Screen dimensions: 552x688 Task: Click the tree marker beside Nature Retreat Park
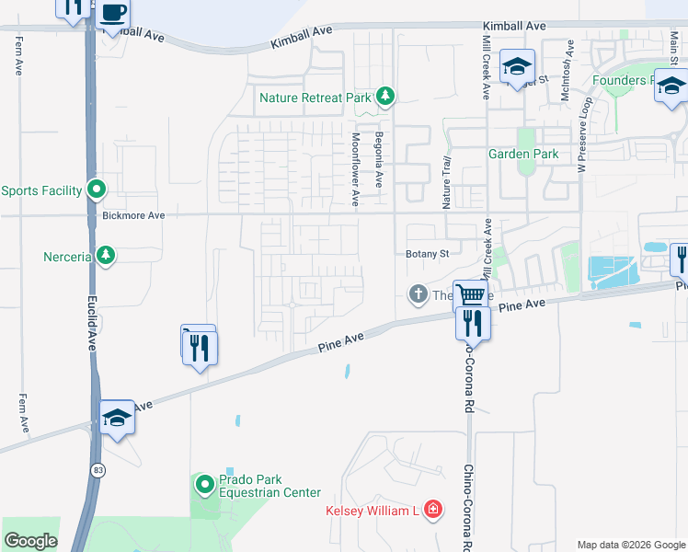386,97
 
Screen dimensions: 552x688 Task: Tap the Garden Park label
522,155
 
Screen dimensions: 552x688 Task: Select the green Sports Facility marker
97,190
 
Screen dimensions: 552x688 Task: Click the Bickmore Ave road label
133,215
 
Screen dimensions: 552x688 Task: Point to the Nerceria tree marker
106,255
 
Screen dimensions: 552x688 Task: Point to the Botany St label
427,254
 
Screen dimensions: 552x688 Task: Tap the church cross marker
417,295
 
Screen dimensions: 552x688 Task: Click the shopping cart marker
470,295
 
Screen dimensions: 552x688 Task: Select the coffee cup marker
113,13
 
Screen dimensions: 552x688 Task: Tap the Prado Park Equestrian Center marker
204,483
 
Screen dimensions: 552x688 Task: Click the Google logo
30,541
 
